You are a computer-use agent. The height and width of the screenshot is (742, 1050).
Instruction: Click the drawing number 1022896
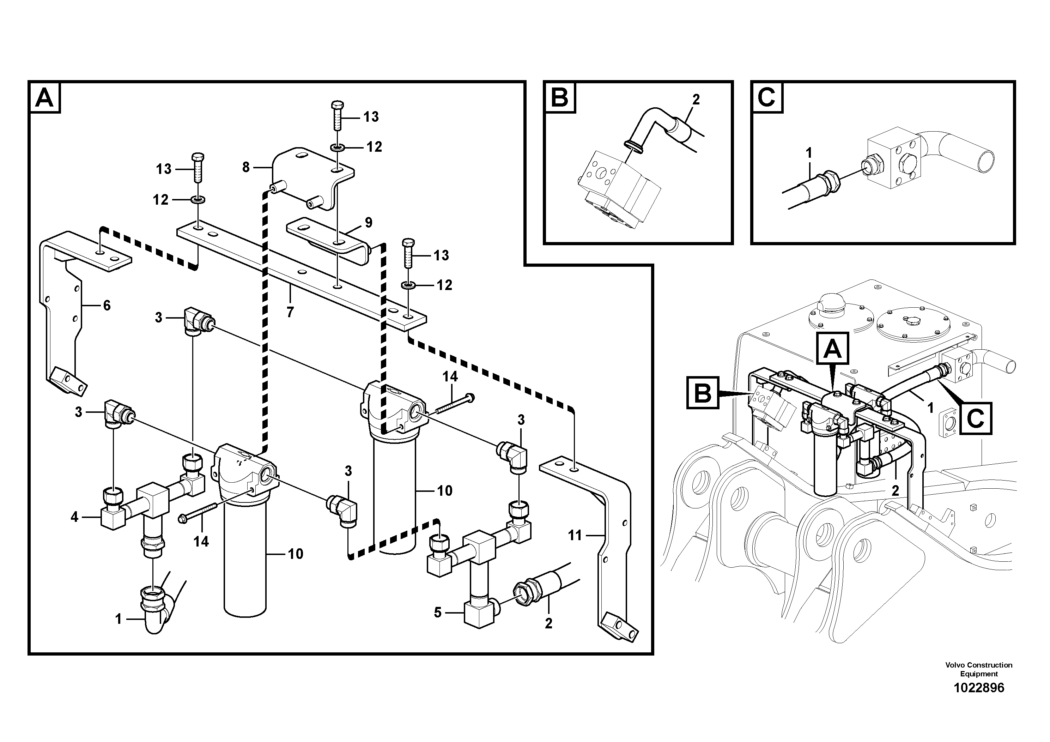click(979, 688)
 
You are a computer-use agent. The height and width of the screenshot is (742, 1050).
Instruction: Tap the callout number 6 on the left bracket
click(107, 305)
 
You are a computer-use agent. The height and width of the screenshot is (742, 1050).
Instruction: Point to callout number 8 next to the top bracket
click(246, 168)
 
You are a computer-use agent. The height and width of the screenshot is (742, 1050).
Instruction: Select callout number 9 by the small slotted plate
click(369, 223)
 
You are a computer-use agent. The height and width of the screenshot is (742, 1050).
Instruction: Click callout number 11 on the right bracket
click(575, 535)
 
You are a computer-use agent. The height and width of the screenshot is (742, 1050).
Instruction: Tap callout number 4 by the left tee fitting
click(74, 517)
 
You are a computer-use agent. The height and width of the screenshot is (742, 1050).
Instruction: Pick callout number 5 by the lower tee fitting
click(438, 613)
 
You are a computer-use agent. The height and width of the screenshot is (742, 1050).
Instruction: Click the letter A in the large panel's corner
click(44, 98)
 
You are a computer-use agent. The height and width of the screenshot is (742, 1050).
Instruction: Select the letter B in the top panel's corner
click(560, 98)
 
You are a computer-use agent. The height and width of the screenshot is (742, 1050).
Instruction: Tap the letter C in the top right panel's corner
click(767, 98)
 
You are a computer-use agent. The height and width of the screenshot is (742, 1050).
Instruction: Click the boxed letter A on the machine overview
click(832, 350)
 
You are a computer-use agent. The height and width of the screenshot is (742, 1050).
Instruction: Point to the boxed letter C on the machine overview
click(976, 418)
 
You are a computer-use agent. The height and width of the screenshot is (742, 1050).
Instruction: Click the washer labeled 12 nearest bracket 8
click(338, 147)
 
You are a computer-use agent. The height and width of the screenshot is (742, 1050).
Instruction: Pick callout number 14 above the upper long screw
click(450, 376)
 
